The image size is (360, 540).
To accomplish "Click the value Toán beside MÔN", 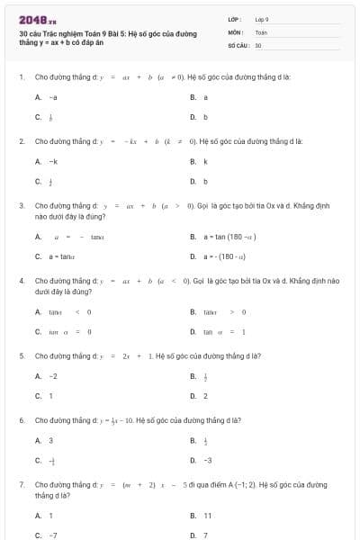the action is click(x=261, y=31).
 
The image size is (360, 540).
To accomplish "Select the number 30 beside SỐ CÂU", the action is click(x=258, y=44).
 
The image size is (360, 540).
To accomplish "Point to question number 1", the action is click(x=21, y=77).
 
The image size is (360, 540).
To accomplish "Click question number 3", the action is click(x=21, y=206).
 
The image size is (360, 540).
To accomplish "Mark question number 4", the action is click(x=21, y=281).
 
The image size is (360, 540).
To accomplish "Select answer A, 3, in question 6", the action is click(x=44, y=441).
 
